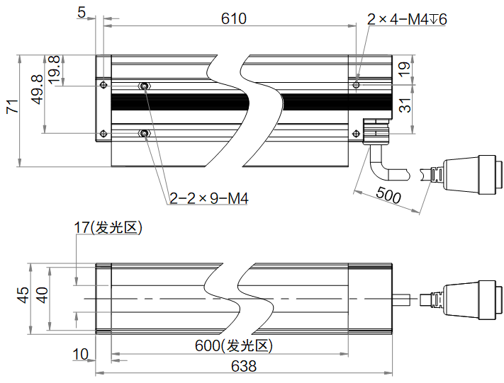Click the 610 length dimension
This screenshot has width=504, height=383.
[233, 18]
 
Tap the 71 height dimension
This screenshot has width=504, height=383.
[11, 108]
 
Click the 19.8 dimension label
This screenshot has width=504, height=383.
[54, 69]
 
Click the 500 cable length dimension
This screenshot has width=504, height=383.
[388, 195]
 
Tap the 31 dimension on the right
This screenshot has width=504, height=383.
[404, 106]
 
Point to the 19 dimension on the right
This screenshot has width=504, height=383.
[404, 69]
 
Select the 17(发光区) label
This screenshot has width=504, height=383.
[108, 227]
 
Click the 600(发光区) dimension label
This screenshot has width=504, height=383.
[234, 346]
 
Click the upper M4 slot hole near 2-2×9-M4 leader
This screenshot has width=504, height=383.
[145, 86]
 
